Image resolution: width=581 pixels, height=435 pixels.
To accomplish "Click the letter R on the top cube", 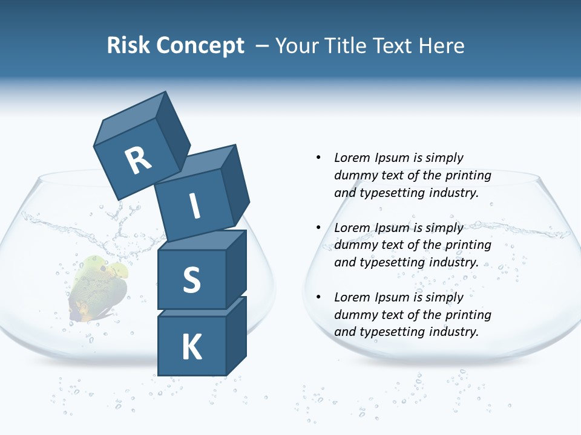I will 138,160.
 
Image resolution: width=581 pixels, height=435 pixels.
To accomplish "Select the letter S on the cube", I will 191,280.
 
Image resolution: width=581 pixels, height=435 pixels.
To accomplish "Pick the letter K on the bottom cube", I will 191,347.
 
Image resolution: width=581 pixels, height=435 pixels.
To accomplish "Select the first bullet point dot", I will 318,158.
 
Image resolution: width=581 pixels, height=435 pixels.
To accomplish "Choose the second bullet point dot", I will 318,228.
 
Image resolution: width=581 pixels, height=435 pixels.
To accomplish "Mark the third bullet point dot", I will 318,297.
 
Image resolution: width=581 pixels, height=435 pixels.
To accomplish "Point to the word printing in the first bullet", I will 468,176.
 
